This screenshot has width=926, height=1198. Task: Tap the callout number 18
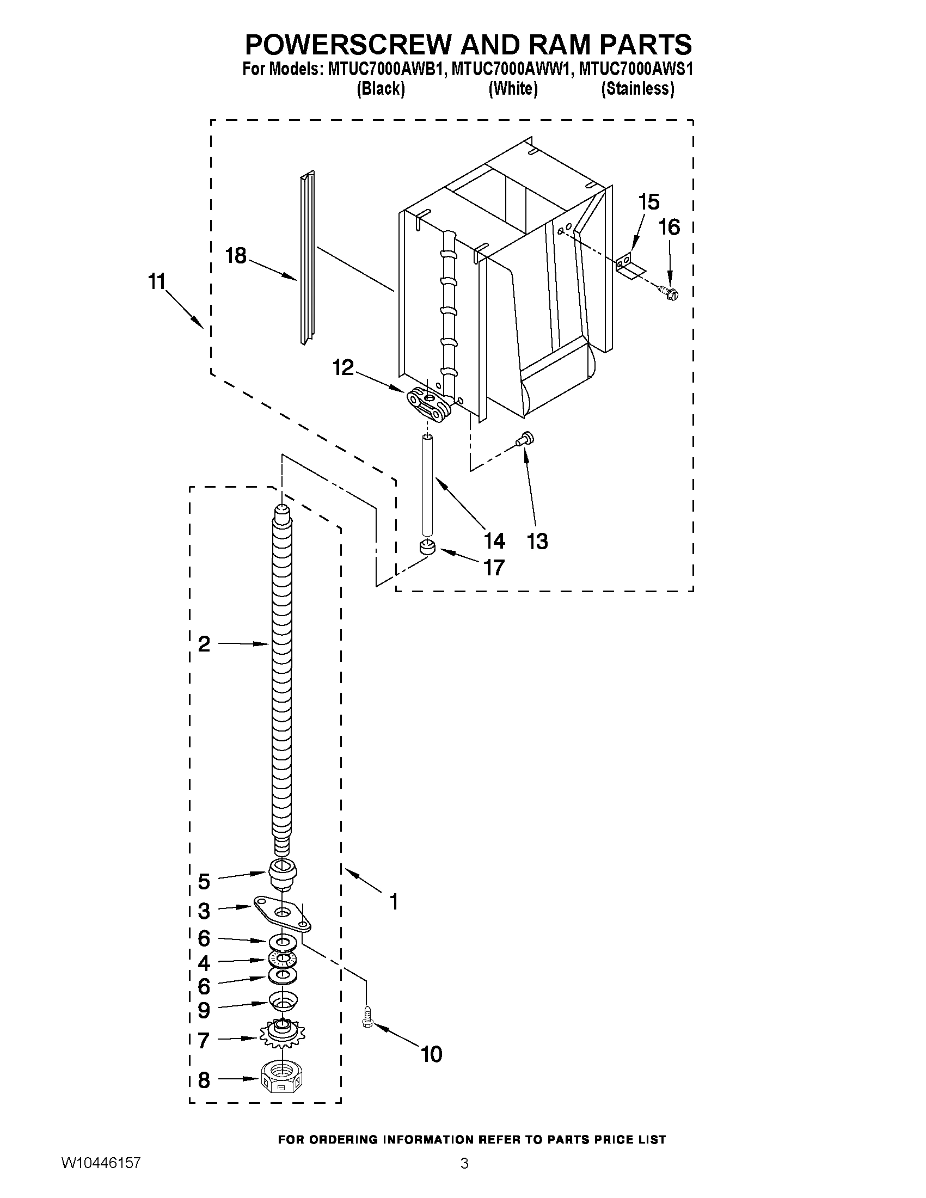pos(236,256)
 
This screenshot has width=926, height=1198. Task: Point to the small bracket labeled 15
pos(628,266)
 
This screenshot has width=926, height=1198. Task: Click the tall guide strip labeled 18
pos(307,258)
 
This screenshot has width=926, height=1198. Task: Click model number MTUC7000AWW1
pos(512,70)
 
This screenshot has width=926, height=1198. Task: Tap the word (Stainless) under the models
pos(637,88)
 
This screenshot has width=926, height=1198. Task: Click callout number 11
pos(156,282)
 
